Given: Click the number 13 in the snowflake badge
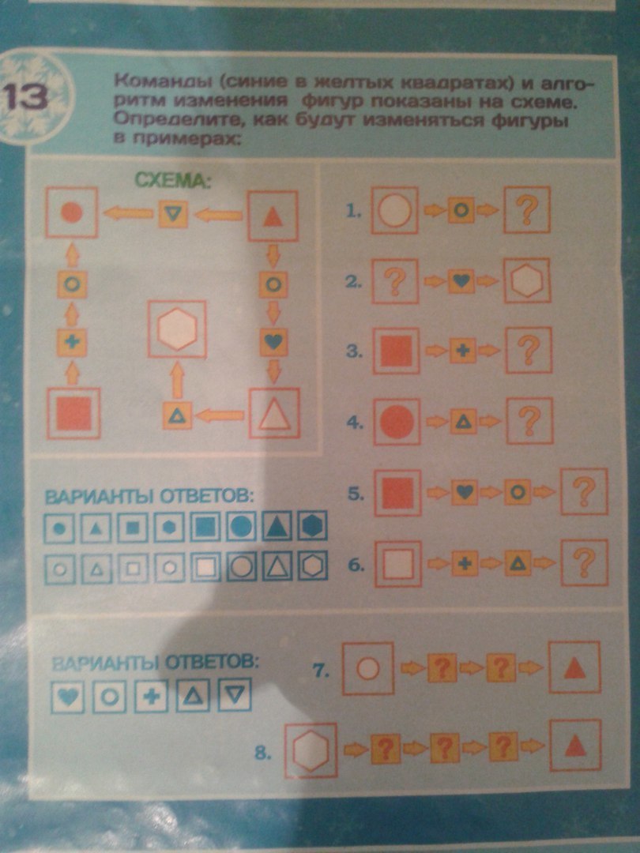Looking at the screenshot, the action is pyautogui.click(x=25, y=97).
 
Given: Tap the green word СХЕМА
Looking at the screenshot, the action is pyautogui.click(x=172, y=179).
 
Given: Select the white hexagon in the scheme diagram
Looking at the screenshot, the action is pyautogui.click(x=177, y=329).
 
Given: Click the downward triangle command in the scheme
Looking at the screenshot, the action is pyautogui.click(x=173, y=214).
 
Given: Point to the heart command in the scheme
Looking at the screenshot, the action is pyautogui.click(x=273, y=341).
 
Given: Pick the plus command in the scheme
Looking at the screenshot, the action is pyautogui.click(x=72, y=342).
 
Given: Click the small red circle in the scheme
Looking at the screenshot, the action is pyautogui.click(x=71, y=212).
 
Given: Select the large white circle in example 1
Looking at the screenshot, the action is pyautogui.click(x=395, y=210).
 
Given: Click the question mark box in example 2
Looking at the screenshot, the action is pyautogui.click(x=395, y=280).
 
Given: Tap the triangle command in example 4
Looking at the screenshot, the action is pyautogui.click(x=463, y=422).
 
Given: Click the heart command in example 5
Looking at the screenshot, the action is pyautogui.click(x=465, y=492).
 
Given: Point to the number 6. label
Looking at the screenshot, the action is pyautogui.click(x=356, y=565).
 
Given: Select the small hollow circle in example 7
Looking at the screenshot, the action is pyautogui.click(x=368, y=669).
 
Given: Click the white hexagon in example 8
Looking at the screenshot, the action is pyautogui.click(x=311, y=750).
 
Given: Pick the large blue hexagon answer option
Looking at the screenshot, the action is pyautogui.click(x=312, y=525).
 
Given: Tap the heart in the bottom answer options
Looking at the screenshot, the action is pyautogui.click(x=67, y=696).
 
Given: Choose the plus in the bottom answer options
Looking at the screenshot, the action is pyautogui.click(x=151, y=696).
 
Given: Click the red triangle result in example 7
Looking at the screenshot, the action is pyautogui.click(x=574, y=667).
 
